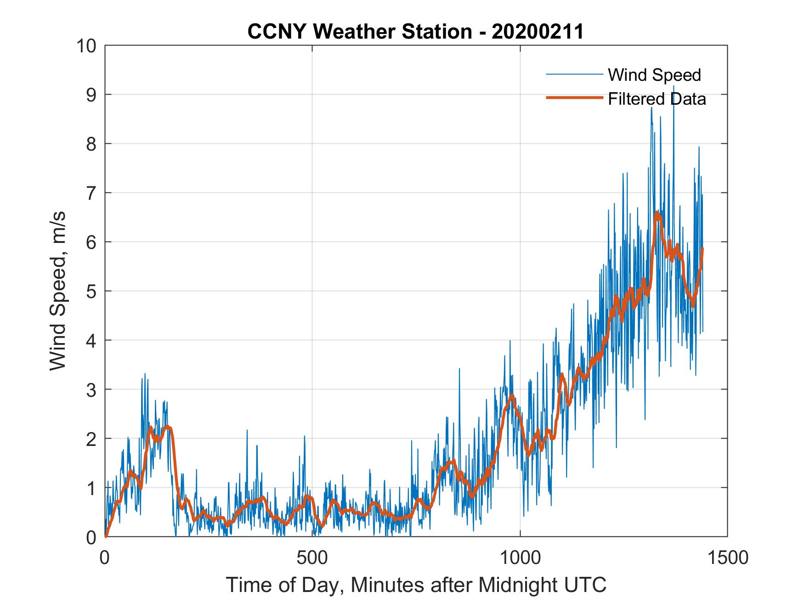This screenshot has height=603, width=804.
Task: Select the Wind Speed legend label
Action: point(654,75)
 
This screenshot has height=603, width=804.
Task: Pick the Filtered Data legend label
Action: point(657,99)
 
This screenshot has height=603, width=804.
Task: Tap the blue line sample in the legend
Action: point(574,74)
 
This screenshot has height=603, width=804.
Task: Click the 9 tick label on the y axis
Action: point(92,95)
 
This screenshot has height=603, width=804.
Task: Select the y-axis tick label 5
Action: point(92,292)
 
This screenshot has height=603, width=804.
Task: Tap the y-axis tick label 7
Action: point(92,193)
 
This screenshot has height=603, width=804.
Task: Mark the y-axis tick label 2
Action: point(92,439)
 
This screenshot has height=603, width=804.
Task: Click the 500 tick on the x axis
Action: point(312,558)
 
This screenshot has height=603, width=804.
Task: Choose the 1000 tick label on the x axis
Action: point(520,558)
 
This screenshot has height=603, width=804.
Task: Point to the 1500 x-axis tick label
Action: point(727,558)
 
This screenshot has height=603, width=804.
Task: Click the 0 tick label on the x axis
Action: point(105,558)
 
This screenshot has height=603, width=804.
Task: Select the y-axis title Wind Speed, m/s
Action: point(58,291)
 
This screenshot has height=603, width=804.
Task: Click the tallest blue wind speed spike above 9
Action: point(674,86)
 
